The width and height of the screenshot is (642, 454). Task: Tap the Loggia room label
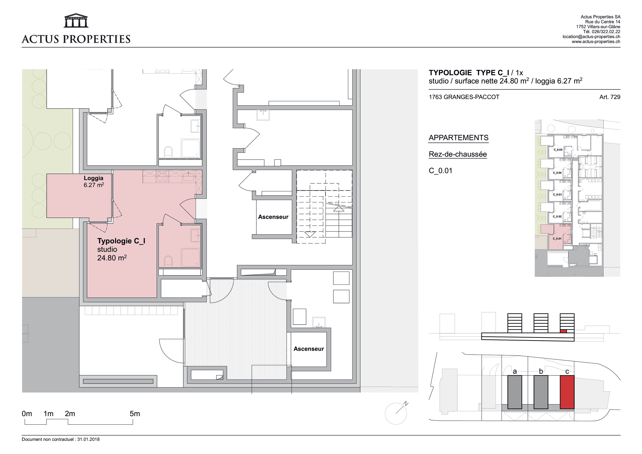[x=93, y=178]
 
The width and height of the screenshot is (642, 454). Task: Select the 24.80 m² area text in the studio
[x=112, y=258]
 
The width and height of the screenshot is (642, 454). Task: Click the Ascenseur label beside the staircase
[x=273, y=217]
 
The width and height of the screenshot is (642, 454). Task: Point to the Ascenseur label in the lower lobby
[x=309, y=349]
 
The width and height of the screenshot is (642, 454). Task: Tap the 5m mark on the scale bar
[x=135, y=414]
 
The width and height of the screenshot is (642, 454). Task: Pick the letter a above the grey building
[x=515, y=371]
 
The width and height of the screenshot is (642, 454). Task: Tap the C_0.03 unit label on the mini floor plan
[x=557, y=194]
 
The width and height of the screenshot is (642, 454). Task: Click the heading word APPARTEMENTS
[x=459, y=138]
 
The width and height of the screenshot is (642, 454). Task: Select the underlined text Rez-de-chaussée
[x=458, y=154]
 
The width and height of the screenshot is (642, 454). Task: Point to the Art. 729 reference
[x=610, y=97]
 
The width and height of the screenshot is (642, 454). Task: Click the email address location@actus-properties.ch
[x=591, y=37]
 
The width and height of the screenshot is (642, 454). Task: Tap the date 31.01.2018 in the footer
[x=88, y=439]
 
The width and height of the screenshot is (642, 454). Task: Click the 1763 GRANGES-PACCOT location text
[x=464, y=97]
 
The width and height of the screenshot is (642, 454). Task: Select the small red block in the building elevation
[x=564, y=331]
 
